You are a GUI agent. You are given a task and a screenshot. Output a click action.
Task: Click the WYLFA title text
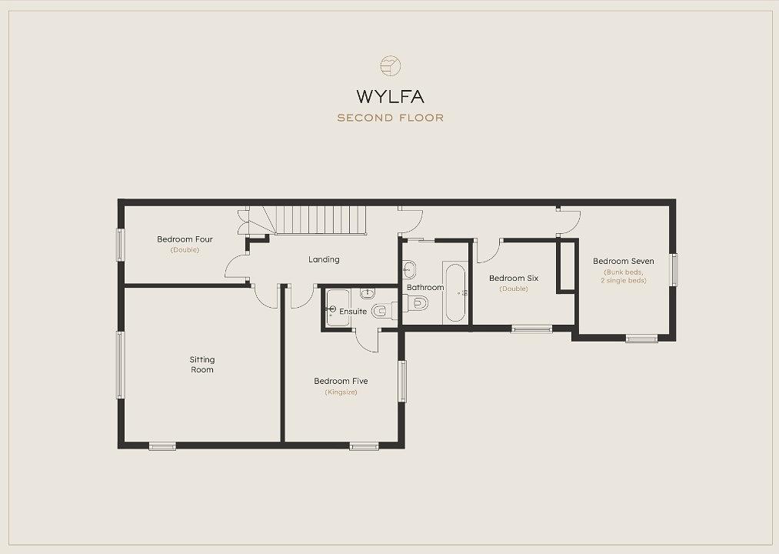pyautogui.click(x=390, y=96)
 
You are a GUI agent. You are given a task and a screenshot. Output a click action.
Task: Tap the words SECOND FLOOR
pyautogui.click(x=390, y=118)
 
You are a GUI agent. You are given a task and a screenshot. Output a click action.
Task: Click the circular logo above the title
pyautogui.click(x=390, y=65)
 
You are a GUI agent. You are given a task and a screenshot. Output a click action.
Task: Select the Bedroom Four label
pyautogui.click(x=185, y=239)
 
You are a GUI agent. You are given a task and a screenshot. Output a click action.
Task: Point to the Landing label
pyautogui.click(x=324, y=259)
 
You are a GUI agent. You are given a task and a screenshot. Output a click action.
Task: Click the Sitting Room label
pyautogui.click(x=202, y=365)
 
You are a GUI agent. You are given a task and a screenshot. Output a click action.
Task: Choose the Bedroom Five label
pyautogui.click(x=341, y=382)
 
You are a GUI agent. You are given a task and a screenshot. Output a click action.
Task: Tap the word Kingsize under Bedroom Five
pyautogui.click(x=341, y=392)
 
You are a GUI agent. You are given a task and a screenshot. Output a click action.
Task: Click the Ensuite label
pyautogui.click(x=353, y=312)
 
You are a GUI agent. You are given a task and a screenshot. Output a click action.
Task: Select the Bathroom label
pyautogui.click(x=425, y=288)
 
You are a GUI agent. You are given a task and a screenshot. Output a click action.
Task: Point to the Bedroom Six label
pyautogui.click(x=514, y=279)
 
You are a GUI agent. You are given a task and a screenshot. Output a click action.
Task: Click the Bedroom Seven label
pyautogui.click(x=624, y=261)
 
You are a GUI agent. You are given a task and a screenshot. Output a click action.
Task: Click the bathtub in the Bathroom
pyautogui.click(x=455, y=293)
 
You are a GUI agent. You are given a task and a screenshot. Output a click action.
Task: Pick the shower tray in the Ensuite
pyautogui.click(x=338, y=308)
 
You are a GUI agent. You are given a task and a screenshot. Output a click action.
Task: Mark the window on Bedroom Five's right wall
pyautogui.click(x=402, y=381)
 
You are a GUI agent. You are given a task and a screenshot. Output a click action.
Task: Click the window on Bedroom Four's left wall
pyautogui.click(x=120, y=245)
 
